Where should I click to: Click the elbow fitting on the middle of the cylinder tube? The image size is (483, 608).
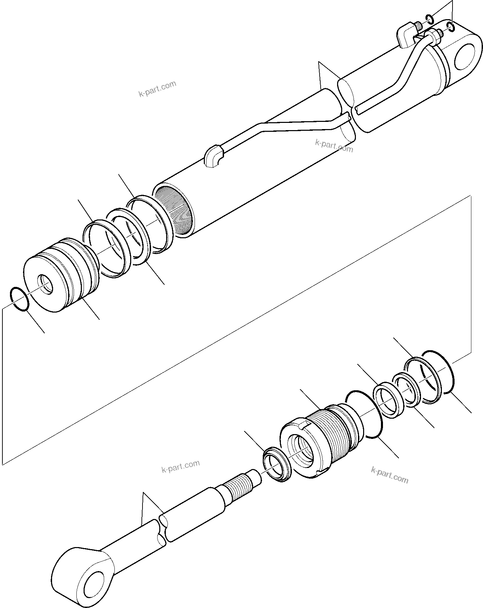coord(213,157)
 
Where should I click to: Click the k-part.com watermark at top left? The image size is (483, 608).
coord(157,89)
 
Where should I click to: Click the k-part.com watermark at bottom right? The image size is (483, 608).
coord(389,474)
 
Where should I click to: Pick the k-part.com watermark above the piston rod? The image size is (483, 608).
coord(180,466)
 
